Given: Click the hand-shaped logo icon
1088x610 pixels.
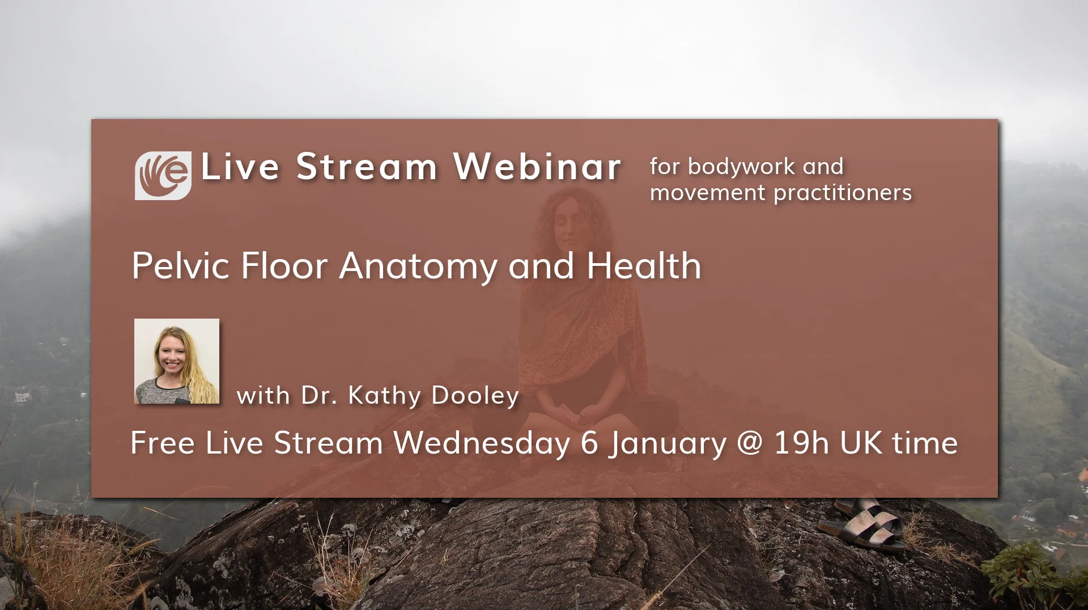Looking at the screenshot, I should coord(163,175).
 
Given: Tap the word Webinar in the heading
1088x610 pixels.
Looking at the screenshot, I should coord(537,167).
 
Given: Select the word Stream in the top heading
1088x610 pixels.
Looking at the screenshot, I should coord(366,167).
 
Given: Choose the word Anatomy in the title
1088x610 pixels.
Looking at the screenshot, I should coord(418,266).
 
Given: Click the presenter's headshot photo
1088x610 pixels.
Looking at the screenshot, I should coord(177,361).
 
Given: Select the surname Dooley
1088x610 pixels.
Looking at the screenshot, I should coord(475,396).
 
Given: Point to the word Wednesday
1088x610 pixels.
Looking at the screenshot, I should coord(482,443).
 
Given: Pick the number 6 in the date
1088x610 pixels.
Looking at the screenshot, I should coord(589,443).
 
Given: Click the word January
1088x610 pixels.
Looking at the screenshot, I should coord(668,444).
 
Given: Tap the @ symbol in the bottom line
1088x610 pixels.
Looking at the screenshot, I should coord(750,443).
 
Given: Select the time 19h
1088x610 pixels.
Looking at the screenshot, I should coord(801,443).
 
